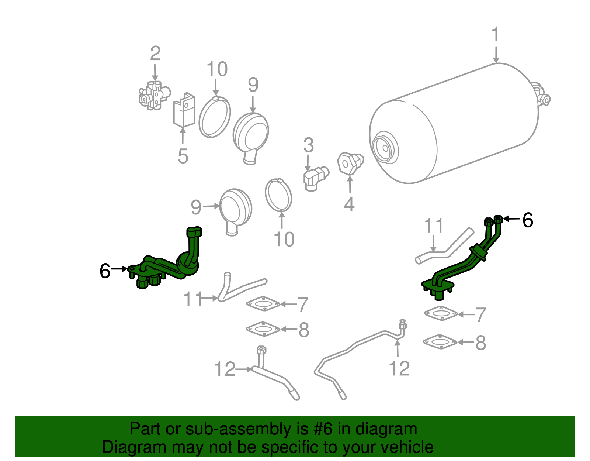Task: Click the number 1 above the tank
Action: pyautogui.click(x=496, y=34)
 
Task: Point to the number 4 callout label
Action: pyautogui.click(x=349, y=204)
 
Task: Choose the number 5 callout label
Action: pyautogui.click(x=183, y=156)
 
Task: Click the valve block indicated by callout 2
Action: pyautogui.click(x=154, y=96)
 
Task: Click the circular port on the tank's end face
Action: pyautogui.click(x=385, y=148)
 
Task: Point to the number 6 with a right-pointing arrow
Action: pyautogui.click(x=105, y=271)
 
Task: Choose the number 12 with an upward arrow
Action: pyautogui.click(x=399, y=368)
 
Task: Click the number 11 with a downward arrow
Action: pyautogui.click(x=434, y=226)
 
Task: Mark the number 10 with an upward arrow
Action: pyautogui.click(x=284, y=239)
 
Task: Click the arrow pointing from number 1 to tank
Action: pyautogui.click(x=496, y=55)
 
